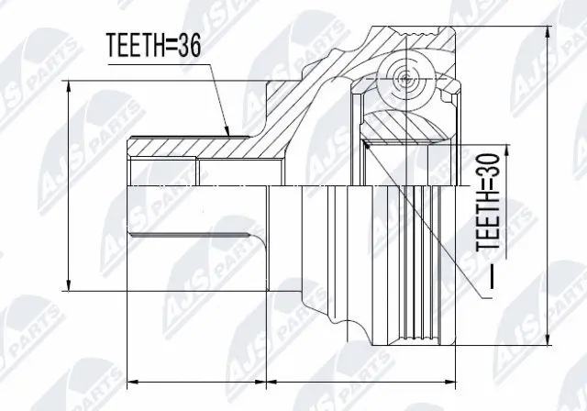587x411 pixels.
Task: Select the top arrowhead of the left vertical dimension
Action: click(x=70, y=83)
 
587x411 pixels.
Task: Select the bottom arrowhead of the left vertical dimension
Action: click(x=70, y=287)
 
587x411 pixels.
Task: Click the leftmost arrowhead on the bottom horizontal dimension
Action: click(x=129, y=379)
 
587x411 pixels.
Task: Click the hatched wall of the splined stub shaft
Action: click(x=183, y=147)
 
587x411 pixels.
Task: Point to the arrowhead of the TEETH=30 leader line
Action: click(x=366, y=141)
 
